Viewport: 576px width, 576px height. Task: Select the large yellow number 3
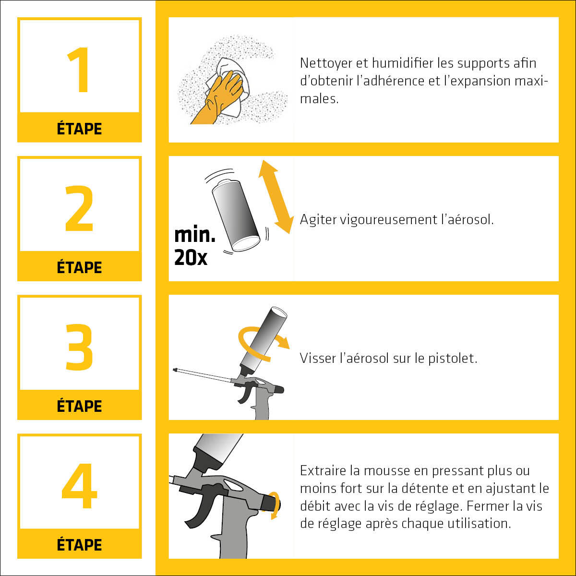(79, 348)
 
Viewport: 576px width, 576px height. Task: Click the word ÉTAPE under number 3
(79, 406)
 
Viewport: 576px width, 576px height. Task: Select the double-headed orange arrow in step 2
(276, 197)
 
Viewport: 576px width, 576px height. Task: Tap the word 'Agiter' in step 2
(318, 220)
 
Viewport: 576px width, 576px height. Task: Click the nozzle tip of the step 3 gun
(176, 370)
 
